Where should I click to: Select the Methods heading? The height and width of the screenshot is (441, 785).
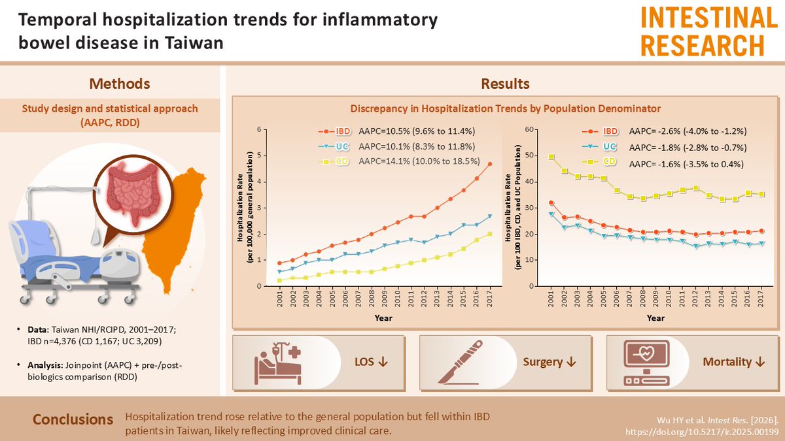[x=120, y=84]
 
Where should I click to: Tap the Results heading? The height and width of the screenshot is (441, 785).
[x=505, y=84]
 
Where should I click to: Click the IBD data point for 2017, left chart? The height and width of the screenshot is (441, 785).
[x=489, y=164]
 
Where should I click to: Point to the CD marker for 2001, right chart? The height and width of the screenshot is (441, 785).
[x=551, y=157]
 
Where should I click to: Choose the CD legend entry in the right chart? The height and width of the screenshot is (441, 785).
[x=599, y=162]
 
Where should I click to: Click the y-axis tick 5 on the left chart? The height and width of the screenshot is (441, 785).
[x=259, y=155]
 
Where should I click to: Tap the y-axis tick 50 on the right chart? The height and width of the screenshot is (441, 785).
[x=529, y=155]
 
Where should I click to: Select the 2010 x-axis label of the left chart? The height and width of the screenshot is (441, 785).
[x=398, y=298]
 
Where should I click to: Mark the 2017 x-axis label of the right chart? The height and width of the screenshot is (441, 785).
[x=760, y=298]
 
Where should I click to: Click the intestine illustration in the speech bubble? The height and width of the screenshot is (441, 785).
[x=133, y=191]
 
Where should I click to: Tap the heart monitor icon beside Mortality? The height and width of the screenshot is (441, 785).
[x=646, y=362]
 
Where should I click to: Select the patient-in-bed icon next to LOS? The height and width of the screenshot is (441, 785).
[x=279, y=363]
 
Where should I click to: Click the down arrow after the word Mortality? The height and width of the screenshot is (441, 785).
[x=760, y=362]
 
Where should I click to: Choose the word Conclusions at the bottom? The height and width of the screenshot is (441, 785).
[x=73, y=419]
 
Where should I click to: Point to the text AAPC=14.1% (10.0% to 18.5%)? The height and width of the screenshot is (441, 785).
[x=419, y=161]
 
